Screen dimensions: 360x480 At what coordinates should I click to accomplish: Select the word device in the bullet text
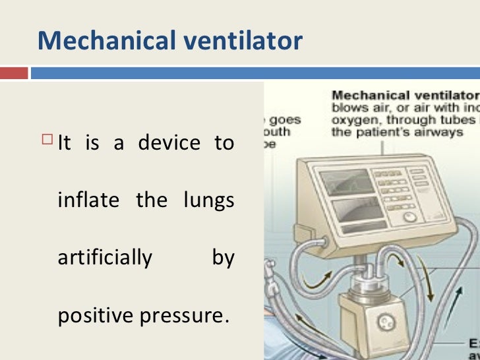[168, 143]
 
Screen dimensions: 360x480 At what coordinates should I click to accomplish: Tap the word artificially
[105, 257]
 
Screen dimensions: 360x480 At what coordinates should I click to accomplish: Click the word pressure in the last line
[181, 315]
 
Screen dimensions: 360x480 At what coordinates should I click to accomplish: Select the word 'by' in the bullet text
[223, 257]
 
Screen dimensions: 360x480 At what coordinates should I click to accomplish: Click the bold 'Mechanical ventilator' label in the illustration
[405, 96]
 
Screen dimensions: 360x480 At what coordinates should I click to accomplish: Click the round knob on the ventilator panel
[411, 217]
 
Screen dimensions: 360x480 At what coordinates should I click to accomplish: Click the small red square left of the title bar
[14, 72]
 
